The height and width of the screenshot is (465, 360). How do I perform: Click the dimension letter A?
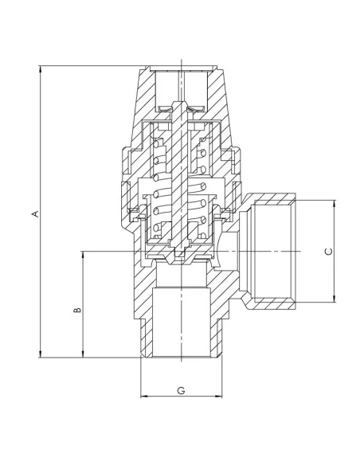click(x=34, y=213)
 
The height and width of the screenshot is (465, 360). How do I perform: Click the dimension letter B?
click(x=77, y=309)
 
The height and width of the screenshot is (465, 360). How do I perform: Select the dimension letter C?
click(x=328, y=251)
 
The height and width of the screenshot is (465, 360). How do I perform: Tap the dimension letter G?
click(x=181, y=390)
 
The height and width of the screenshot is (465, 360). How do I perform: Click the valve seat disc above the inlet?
click(x=182, y=259)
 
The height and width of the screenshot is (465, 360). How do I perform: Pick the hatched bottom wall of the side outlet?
click(x=271, y=301)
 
